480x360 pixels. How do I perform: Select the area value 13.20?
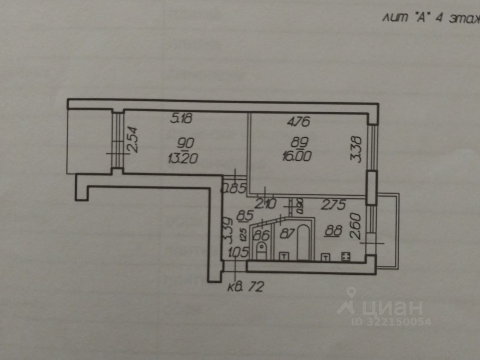[183, 159]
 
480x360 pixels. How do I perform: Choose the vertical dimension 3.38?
[358, 149]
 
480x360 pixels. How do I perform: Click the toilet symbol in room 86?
[261, 249]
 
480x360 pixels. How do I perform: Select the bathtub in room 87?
[303, 241]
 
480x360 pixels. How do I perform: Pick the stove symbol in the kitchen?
[346, 256]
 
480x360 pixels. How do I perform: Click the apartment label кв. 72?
[245, 287]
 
